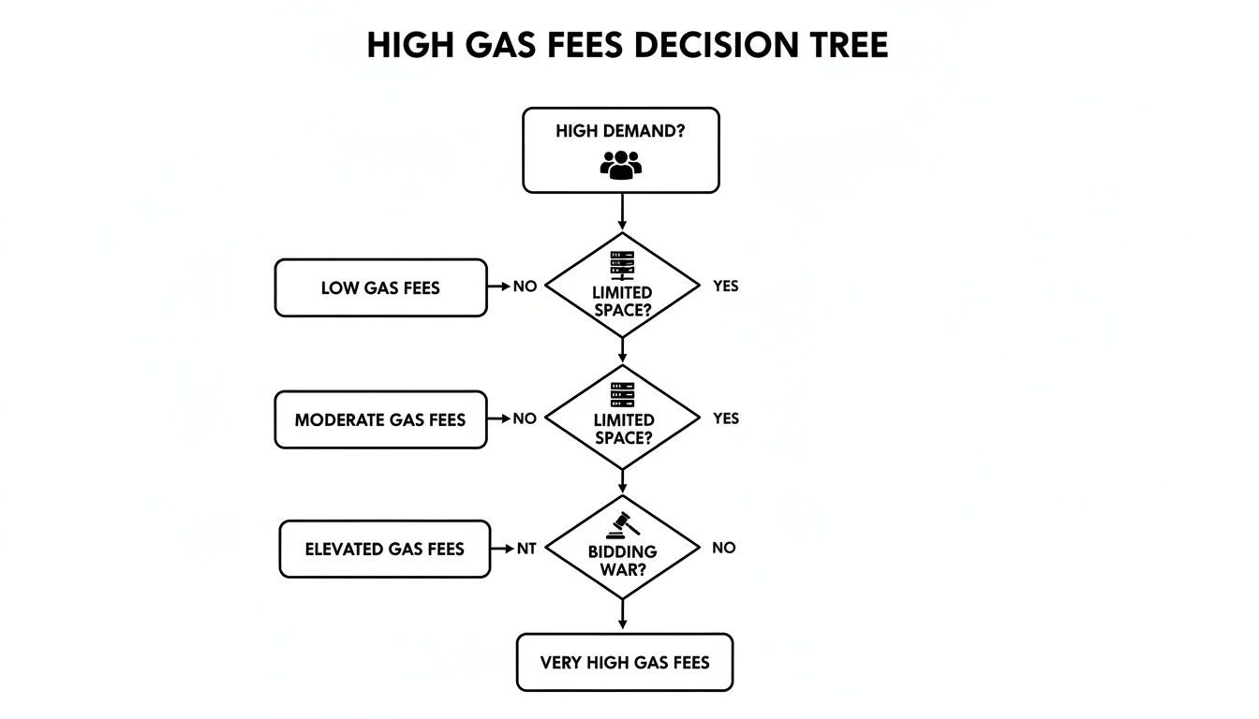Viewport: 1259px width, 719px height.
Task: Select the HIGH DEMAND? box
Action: pyautogui.click(x=620, y=150)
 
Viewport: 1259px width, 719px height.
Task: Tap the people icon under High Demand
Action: pyautogui.click(x=620, y=165)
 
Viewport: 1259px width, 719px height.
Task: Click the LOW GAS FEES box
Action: pyautogui.click(x=380, y=288)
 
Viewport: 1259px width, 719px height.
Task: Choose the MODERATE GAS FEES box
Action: pyautogui.click(x=380, y=420)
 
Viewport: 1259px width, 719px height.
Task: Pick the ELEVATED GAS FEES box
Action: pyautogui.click(x=384, y=549)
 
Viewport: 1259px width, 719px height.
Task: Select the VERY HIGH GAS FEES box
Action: pyautogui.click(x=625, y=663)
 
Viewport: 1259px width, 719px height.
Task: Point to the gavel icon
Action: pyautogui.click(x=622, y=525)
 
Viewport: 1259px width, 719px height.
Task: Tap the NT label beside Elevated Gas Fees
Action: pyautogui.click(x=526, y=549)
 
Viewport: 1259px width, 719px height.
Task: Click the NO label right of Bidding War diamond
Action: pyautogui.click(x=723, y=548)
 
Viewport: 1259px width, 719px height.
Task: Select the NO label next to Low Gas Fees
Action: pyautogui.click(x=525, y=286)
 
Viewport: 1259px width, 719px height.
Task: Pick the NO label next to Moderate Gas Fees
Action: pyautogui.click(x=525, y=418)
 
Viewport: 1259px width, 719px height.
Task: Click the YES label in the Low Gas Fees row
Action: pyautogui.click(x=725, y=286)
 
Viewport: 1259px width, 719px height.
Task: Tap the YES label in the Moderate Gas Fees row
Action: pyautogui.click(x=725, y=418)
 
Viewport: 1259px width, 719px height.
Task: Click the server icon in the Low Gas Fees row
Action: pyautogui.click(x=622, y=265)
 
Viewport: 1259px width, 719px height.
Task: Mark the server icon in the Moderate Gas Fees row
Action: pyautogui.click(x=622, y=395)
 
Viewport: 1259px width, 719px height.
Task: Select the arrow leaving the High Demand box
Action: pyautogui.click(x=622, y=213)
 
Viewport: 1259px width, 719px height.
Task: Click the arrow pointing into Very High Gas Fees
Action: pyautogui.click(x=622, y=616)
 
